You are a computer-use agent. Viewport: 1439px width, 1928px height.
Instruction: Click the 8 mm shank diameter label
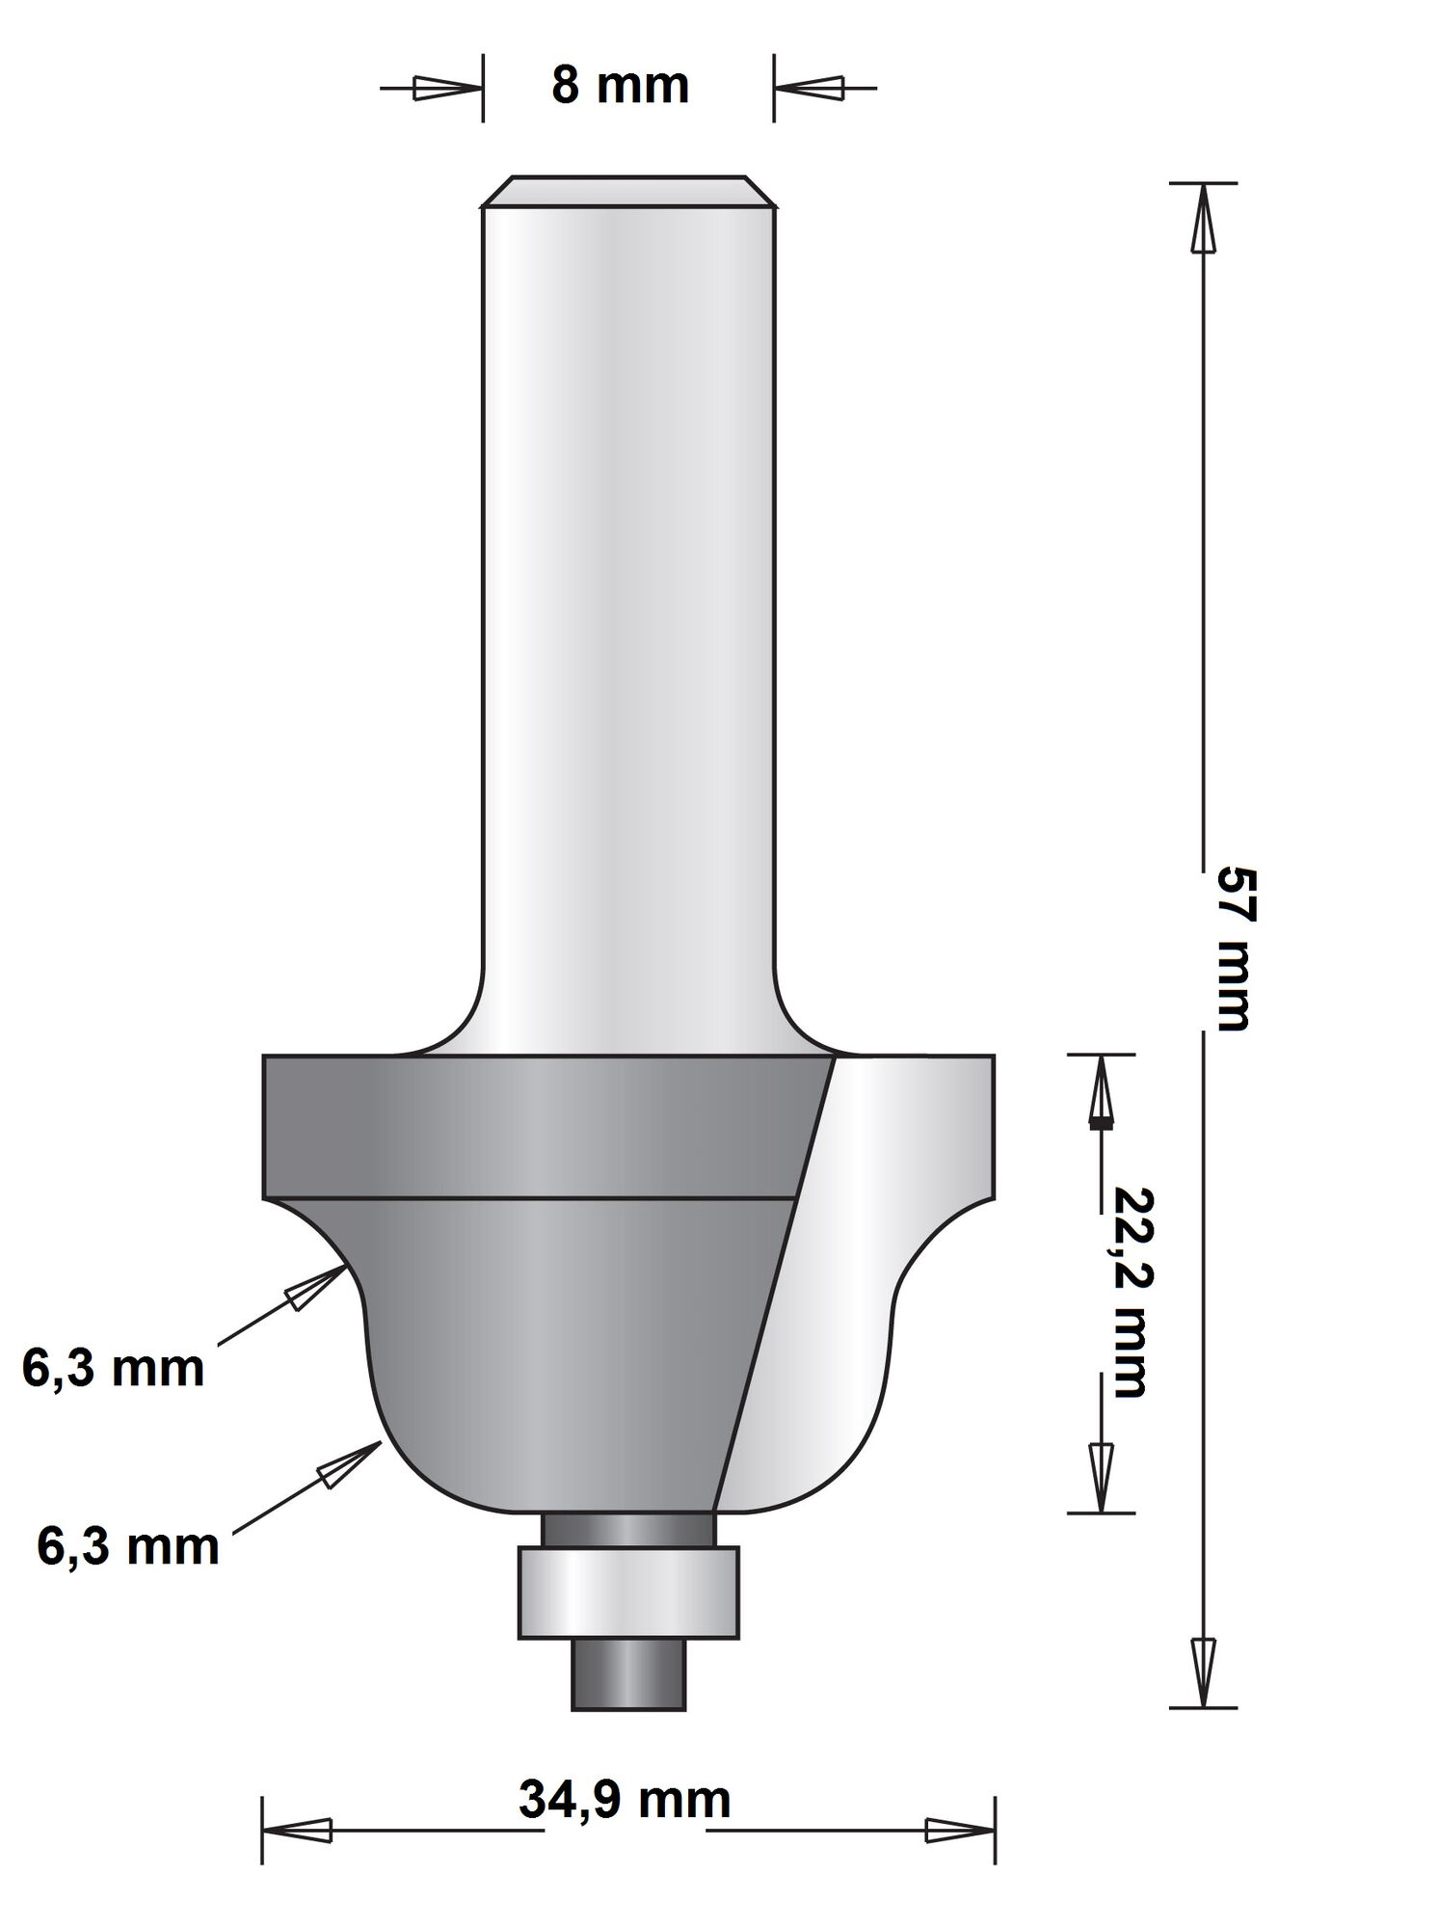(620, 86)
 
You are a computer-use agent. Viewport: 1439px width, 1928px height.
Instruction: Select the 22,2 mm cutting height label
(1128, 1291)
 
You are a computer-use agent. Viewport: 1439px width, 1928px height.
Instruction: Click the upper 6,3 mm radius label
(113, 1369)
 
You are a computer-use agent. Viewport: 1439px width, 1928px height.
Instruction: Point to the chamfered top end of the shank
(628, 191)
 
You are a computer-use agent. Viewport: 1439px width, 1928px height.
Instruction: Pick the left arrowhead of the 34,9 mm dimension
(298, 1830)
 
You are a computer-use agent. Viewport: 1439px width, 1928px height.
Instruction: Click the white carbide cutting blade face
(848, 1282)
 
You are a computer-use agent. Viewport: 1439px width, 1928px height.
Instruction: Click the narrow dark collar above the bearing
(628, 1528)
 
